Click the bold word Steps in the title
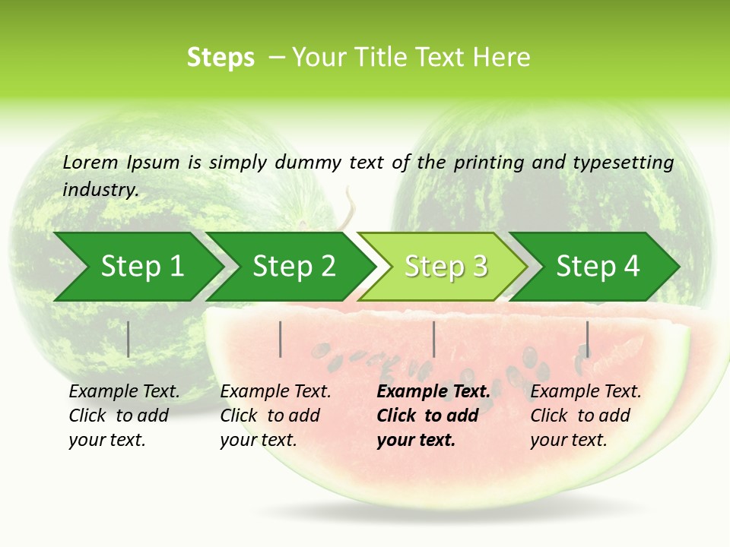coord(221,58)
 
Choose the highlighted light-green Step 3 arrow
coord(445,267)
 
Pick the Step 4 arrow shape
coord(597,267)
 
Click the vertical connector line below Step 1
coord(128,339)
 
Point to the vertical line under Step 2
coord(281,339)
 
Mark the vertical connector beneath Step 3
coord(433,339)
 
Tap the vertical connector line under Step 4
coord(587,339)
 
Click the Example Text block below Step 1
coord(124,416)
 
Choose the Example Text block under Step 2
coord(275,416)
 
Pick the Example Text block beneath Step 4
coord(586,416)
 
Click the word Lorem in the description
coord(90,162)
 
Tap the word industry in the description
coord(100,190)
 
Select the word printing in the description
coord(489,162)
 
